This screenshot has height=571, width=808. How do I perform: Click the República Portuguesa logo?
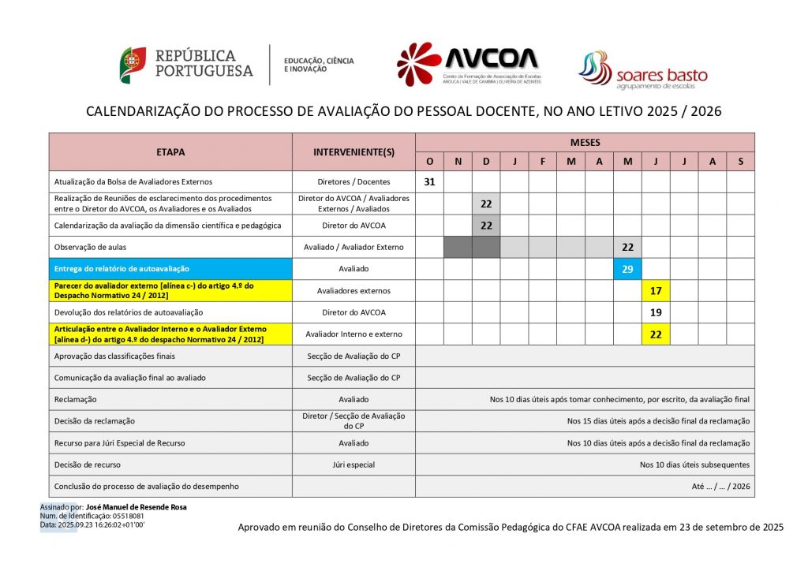[x=187, y=65]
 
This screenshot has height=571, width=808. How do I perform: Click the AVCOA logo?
[x=469, y=64]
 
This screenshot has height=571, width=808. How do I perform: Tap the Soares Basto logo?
[x=642, y=69]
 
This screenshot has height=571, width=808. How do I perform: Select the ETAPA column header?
[x=170, y=151]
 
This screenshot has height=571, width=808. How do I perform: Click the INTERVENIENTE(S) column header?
[x=353, y=151]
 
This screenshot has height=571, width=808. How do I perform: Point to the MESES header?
[x=585, y=143]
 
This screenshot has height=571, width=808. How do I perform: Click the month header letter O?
[x=430, y=162]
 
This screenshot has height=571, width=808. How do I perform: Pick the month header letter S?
[x=740, y=162]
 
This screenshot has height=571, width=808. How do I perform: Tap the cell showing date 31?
[x=430, y=181]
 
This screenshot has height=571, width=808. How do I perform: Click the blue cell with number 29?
[x=627, y=269]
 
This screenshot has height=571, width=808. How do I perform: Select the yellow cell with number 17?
[x=656, y=291]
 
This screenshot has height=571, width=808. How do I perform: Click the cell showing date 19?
[x=656, y=312]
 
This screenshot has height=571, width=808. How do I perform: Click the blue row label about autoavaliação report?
[x=122, y=269]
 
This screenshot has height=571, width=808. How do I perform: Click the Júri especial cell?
[x=353, y=465]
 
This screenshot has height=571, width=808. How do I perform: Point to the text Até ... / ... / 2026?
[x=720, y=487]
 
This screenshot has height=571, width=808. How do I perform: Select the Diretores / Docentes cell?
[x=353, y=181]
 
